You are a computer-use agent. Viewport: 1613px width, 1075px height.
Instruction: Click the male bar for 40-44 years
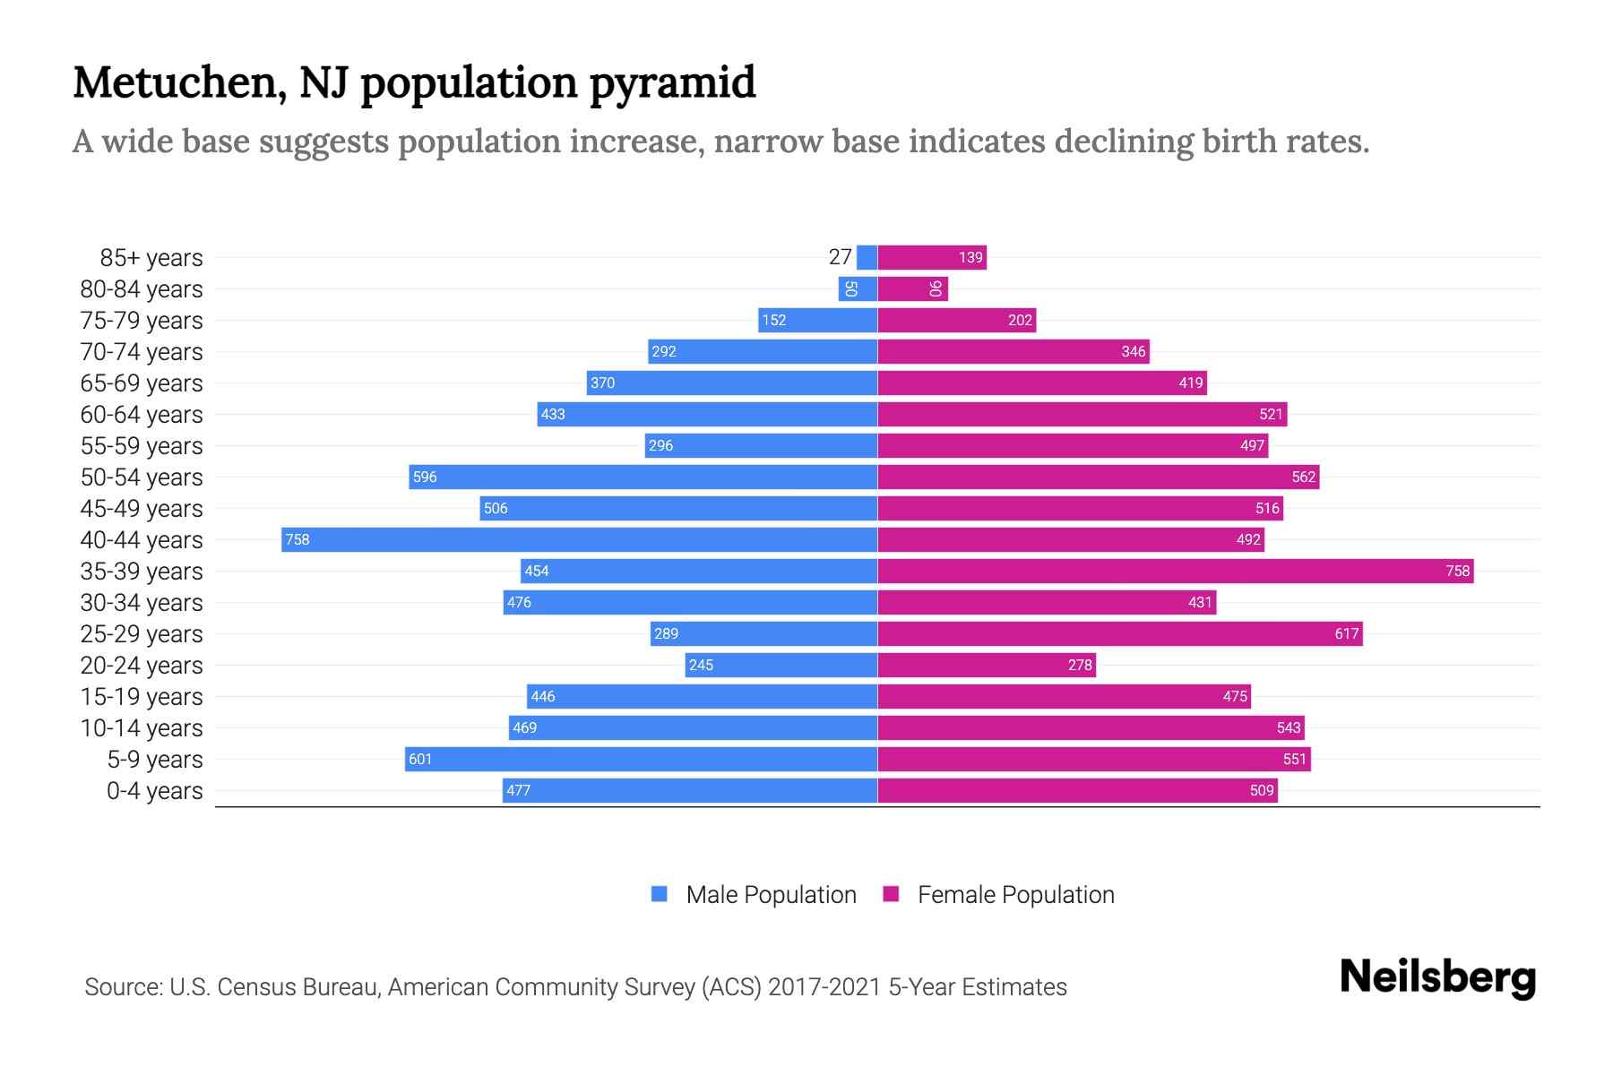579,539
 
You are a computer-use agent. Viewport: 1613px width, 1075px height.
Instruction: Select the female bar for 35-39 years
1175,571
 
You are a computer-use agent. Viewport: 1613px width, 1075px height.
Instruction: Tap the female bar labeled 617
1119,633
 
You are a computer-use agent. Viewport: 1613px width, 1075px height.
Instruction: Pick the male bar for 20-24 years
781,665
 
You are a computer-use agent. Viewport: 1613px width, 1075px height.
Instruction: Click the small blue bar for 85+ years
867,257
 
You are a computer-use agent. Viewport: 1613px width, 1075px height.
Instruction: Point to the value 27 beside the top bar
840,257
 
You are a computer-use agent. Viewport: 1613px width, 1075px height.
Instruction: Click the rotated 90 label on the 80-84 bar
935,288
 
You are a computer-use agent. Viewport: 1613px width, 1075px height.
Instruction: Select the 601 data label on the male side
420,759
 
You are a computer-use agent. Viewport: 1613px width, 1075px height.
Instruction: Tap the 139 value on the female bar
970,257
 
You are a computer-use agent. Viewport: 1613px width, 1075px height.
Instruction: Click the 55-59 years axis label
142,445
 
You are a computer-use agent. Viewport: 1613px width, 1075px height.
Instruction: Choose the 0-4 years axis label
154,790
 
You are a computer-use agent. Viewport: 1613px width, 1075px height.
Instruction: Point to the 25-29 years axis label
142,633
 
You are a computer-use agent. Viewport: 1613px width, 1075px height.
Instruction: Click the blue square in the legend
660,894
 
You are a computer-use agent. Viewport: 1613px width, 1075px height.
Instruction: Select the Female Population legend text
1015,894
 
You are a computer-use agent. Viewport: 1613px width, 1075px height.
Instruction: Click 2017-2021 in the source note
824,986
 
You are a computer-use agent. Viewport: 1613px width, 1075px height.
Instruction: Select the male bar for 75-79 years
817,320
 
